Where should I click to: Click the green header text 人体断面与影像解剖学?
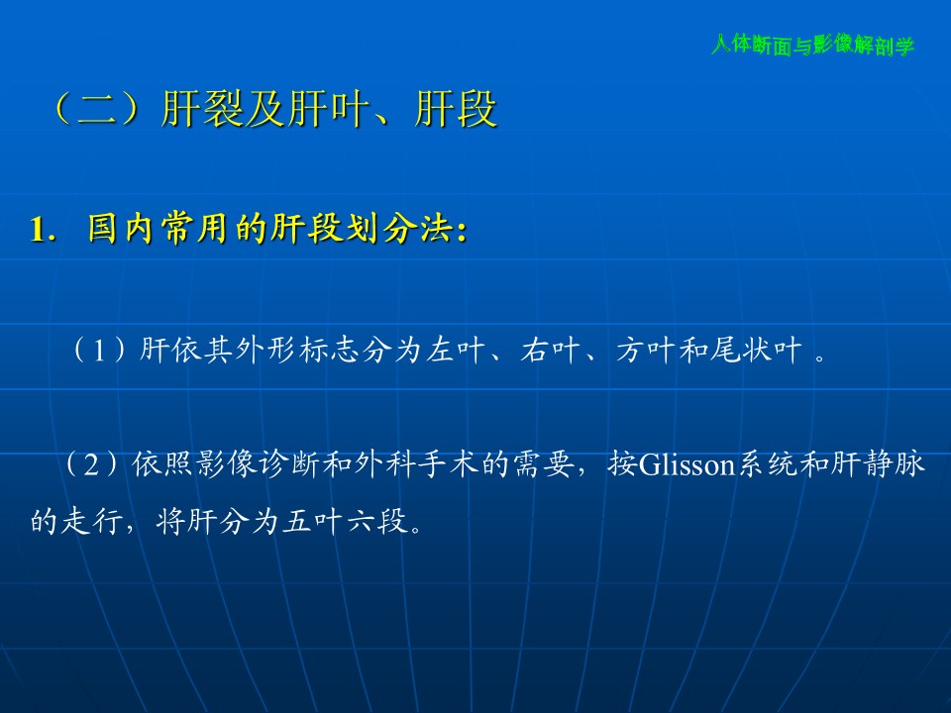(x=812, y=45)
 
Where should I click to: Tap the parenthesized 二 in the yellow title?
(x=96, y=109)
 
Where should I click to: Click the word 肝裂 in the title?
(x=203, y=109)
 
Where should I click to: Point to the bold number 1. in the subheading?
(x=43, y=229)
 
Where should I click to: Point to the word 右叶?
(x=550, y=350)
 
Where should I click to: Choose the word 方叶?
(x=645, y=350)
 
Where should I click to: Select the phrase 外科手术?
(x=417, y=464)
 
